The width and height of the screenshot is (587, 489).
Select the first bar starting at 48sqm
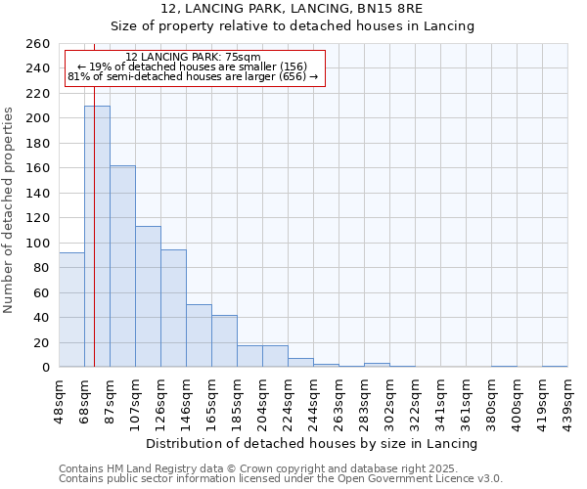pos(71,309)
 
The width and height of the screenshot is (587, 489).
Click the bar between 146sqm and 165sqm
pos(199,335)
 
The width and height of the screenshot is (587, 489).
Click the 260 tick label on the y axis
pos(37,44)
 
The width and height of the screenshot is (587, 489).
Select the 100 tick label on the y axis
pos(37,243)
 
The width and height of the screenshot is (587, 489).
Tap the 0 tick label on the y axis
pos(45,368)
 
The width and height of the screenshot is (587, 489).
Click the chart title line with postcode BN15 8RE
pos(292,9)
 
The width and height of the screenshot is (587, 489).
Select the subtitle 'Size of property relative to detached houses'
pos(292,26)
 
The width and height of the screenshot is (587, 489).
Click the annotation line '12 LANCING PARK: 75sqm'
pos(193,58)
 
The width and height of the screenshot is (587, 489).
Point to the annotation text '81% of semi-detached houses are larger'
pos(193,76)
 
